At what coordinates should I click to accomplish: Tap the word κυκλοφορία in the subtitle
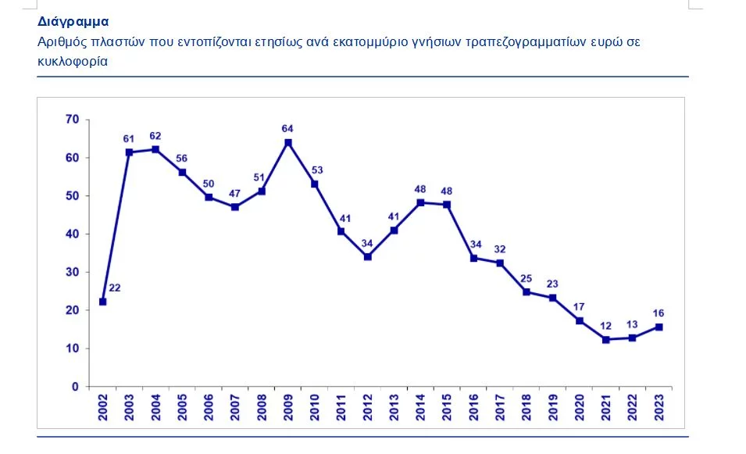click(x=72, y=62)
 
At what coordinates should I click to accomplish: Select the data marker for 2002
click(x=103, y=302)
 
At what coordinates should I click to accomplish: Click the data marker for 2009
click(x=288, y=142)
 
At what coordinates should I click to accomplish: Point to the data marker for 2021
click(x=606, y=339)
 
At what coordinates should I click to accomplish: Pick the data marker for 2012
click(x=368, y=256)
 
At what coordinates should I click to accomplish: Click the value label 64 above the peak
click(x=288, y=127)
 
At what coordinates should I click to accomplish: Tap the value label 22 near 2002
click(x=115, y=288)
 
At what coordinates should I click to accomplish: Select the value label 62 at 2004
click(x=155, y=134)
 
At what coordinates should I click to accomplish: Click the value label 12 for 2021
click(x=606, y=324)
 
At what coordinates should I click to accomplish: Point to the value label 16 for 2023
click(x=659, y=313)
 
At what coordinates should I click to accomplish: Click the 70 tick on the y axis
click(x=73, y=120)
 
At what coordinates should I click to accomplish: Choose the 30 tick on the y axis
click(x=73, y=272)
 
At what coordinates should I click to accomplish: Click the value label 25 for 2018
click(x=526, y=278)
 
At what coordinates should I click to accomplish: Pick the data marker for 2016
click(x=473, y=258)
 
